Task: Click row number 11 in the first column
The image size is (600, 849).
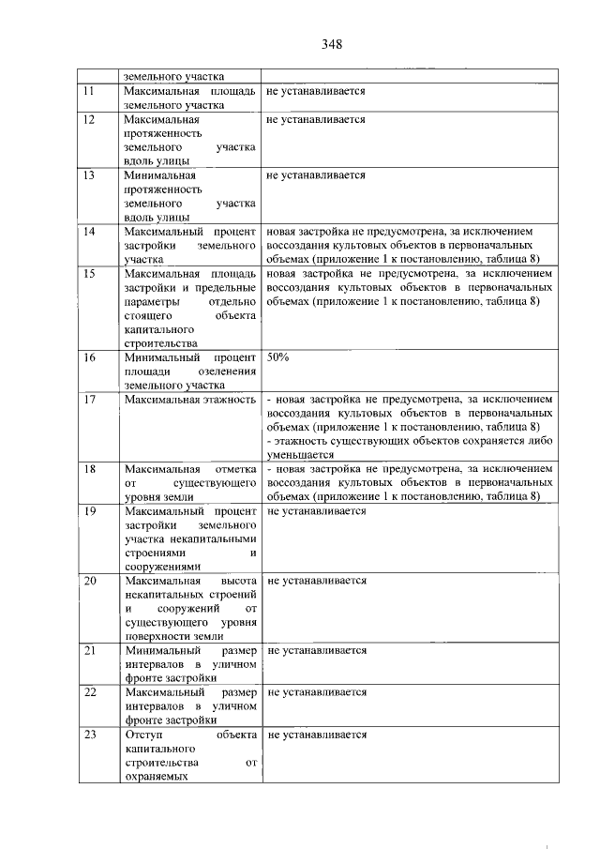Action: pyautogui.click(x=90, y=92)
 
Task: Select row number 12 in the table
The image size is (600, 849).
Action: pyautogui.click(x=90, y=121)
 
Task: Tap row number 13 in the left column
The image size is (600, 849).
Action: pyautogui.click(x=90, y=175)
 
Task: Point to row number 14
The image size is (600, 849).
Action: pyautogui.click(x=90, y=231)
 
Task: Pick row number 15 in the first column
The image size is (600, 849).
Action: pyautogui.click(x=90, y=274)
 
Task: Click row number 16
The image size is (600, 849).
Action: pyautogui.click(x=90, y=358)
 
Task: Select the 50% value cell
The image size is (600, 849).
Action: pyautogui.click(x=277, y=358)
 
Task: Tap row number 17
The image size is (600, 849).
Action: pyautogui.click(x=90, y=401)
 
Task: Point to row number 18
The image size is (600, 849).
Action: pyautogui.click(x=90, y=468)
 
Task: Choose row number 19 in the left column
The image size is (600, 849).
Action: pyautogui.click(x=90, y=511)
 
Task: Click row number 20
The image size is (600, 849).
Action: pyautogui.click(x=90, y=582)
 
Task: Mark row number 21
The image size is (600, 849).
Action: pyautogui.click(x=90, y=650)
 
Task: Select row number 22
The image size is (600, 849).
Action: pyautogui.click(x=90, y=692)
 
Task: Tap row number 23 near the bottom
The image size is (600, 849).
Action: pyautogui.click(x=90, y=735)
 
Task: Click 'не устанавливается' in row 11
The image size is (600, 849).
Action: pyautogui.click(x=315, y=92)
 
